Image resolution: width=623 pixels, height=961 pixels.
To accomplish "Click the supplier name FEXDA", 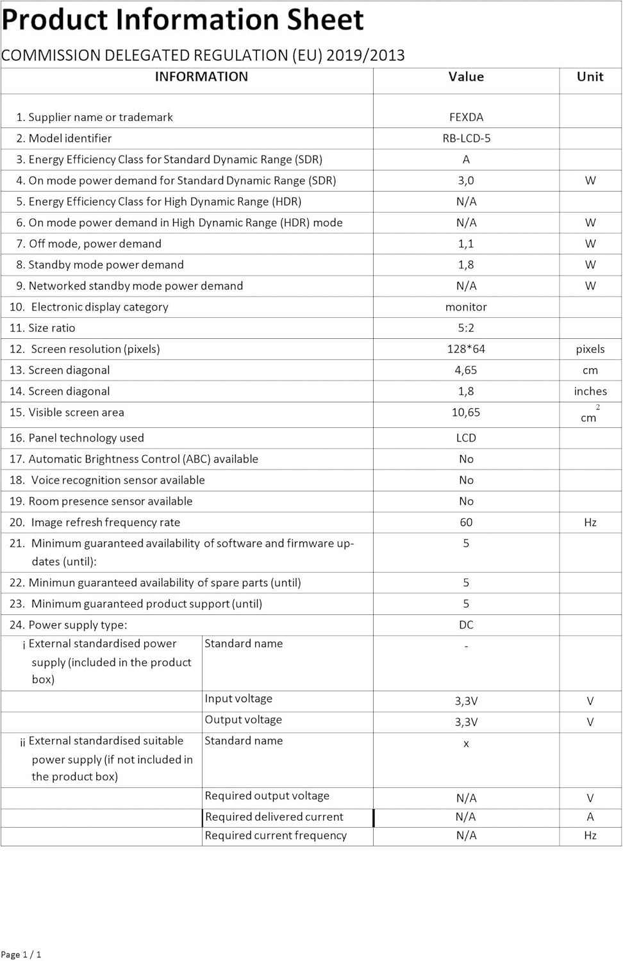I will pyautogui.click(x=466, y=117).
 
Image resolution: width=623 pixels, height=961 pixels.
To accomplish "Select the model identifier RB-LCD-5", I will pyautogui.click(x=466, y=138).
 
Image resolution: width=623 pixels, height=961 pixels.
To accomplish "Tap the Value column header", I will pyautogui.click(x=466, y=77).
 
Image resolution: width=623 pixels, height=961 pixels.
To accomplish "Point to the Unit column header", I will pyautogui.click(x=590, y=77).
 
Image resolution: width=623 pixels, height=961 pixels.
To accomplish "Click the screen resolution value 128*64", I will pyautogui.click(x=466, y=349).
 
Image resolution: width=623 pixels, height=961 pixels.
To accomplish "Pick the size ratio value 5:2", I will pyautogui.click(x=466, y=328).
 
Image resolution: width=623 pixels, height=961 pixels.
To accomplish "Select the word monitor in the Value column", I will pyautogui.click(x=466, y=307).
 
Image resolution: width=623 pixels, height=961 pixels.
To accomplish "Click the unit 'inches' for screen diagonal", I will pyautogui.click(x=590, y=391).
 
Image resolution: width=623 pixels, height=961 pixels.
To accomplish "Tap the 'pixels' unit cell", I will pyautogui.click(x=590, y=349).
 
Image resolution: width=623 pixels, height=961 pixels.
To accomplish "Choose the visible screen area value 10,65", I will pyautogui.click(x=466, y=413).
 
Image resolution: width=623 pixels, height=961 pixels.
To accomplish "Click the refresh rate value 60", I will pyautogui.click(x=466, y=523).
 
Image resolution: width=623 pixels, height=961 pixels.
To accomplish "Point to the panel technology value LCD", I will pyautogui.click(x=466, y=438).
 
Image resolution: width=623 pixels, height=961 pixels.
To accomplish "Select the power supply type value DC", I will pyautogui.click(x=466, y=625).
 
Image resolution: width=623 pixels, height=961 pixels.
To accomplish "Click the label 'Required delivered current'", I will pyautogui.click(x=274, y=817).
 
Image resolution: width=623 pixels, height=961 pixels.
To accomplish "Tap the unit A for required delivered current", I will pyautogui.click(x=590, y=817).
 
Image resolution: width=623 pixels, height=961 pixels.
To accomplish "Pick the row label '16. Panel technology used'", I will pyautogui.click(x=77, y=438).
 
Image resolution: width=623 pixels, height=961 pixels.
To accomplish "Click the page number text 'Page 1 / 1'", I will pyautogui.click(x=21, y=955).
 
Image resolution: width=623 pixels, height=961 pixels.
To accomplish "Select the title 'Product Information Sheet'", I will pyautogui.click(x=183, y=19).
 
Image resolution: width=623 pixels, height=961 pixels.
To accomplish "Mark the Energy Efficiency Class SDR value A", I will pyautogui.click(x=466, y=160).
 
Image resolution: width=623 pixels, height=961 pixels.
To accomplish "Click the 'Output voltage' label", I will pyautogui.click(x=243, y=720).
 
